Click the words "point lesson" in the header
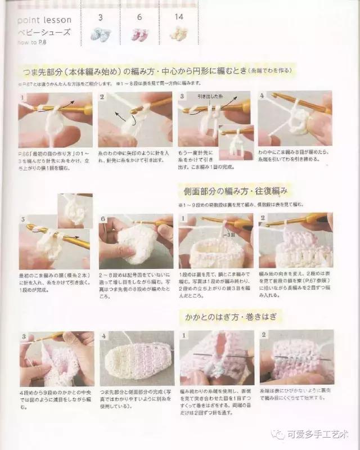coord(38,21)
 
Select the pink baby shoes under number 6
coord(139,34)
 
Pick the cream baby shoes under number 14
coord(179,34)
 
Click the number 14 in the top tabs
coord(179,17)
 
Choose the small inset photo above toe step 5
coord(75,210)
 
